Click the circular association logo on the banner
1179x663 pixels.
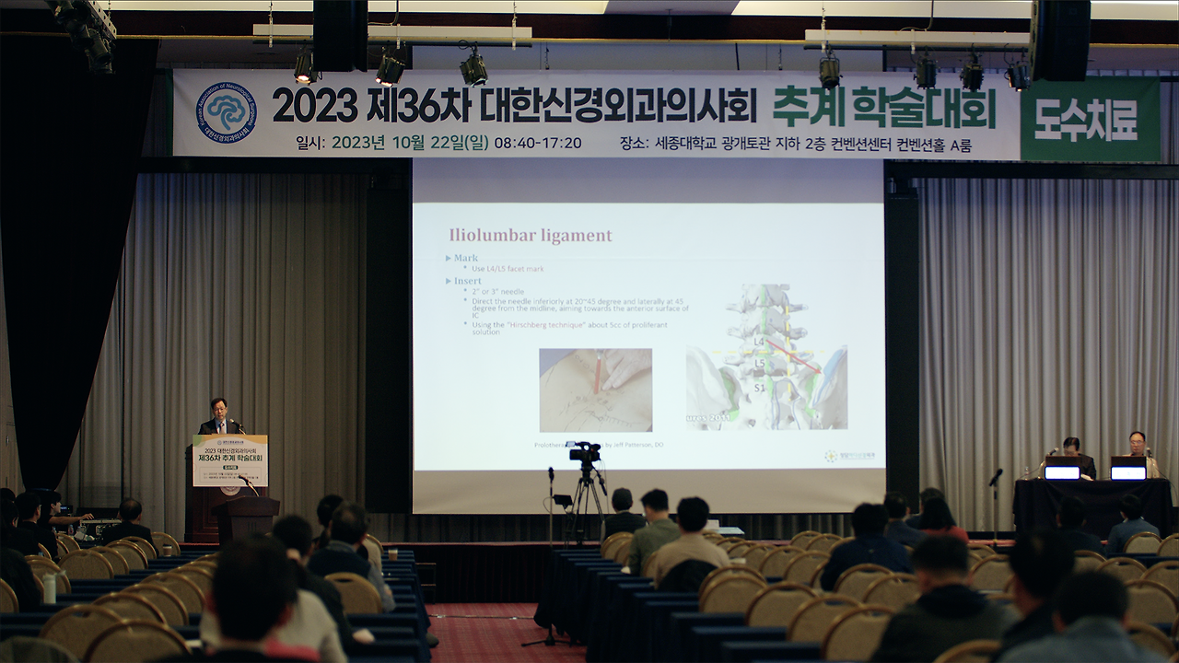[226, 112]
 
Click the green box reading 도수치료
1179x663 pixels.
[1090, 119]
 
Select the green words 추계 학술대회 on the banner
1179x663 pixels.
[883, 108]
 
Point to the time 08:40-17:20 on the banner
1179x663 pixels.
[538, 143]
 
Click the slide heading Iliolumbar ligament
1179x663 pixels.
[530, 235]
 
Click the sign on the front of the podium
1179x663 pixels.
[230, 460]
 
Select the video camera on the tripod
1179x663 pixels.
[584, 452]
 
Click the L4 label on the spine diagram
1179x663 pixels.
[759, 342]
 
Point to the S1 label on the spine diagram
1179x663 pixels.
[759, 388]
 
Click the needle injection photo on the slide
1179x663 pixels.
[595, 390]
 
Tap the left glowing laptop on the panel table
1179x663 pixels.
[1062, 470]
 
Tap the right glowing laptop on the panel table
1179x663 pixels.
[1127, 470]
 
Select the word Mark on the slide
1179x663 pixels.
[465, 259]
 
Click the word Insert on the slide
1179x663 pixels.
[467, 280]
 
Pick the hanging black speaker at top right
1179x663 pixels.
[1059, 39]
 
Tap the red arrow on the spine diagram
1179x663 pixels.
[792, 357]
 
